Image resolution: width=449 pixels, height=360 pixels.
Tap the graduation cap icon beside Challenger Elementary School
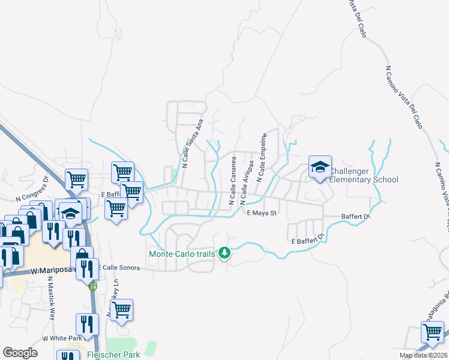pos(320,167)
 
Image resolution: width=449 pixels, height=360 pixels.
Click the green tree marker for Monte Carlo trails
pos(224,253)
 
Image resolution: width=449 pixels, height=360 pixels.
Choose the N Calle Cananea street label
pos(232,180)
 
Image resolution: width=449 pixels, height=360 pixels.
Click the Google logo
pos(20,353)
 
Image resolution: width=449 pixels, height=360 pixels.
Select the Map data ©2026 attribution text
pos(421,355)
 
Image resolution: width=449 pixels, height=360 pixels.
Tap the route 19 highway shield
pos(92,287)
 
